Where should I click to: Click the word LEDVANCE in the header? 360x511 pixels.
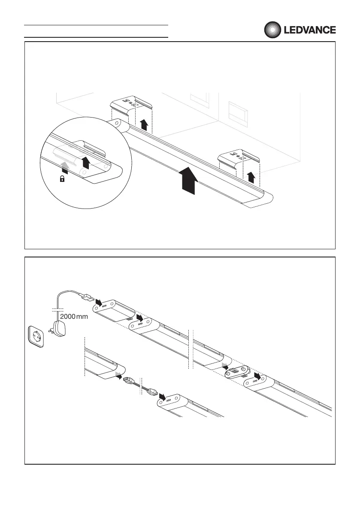point(309,30)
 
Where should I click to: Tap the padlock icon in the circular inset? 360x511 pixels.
point(63,179)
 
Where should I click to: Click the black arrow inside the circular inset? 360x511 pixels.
point(86,162)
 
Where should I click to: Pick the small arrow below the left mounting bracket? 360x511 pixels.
point(145,125)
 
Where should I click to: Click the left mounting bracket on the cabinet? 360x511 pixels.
point(132,105)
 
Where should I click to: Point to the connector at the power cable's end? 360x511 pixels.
point(87,296)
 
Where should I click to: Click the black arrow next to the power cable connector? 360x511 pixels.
point(99,303)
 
